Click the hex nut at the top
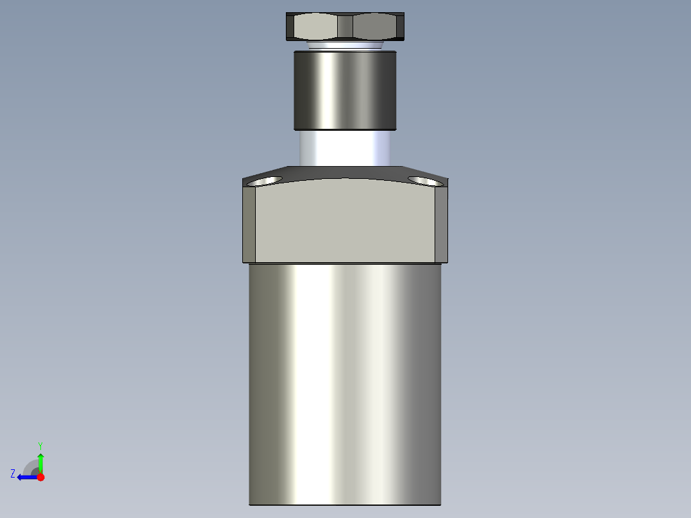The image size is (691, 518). (345, 26)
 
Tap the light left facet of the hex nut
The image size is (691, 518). (314, 27)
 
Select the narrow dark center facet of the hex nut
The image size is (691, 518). (345, 27)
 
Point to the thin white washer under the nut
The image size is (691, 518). (344, 46)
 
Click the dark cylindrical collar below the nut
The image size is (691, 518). (345, 90)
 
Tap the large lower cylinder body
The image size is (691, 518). (345, 385)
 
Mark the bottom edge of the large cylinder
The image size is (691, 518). (345, 504)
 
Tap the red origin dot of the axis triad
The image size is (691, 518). (40, 477)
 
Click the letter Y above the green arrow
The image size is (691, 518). (40, 445)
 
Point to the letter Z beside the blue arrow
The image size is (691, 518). (13, 474)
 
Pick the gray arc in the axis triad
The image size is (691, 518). (29, 466)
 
